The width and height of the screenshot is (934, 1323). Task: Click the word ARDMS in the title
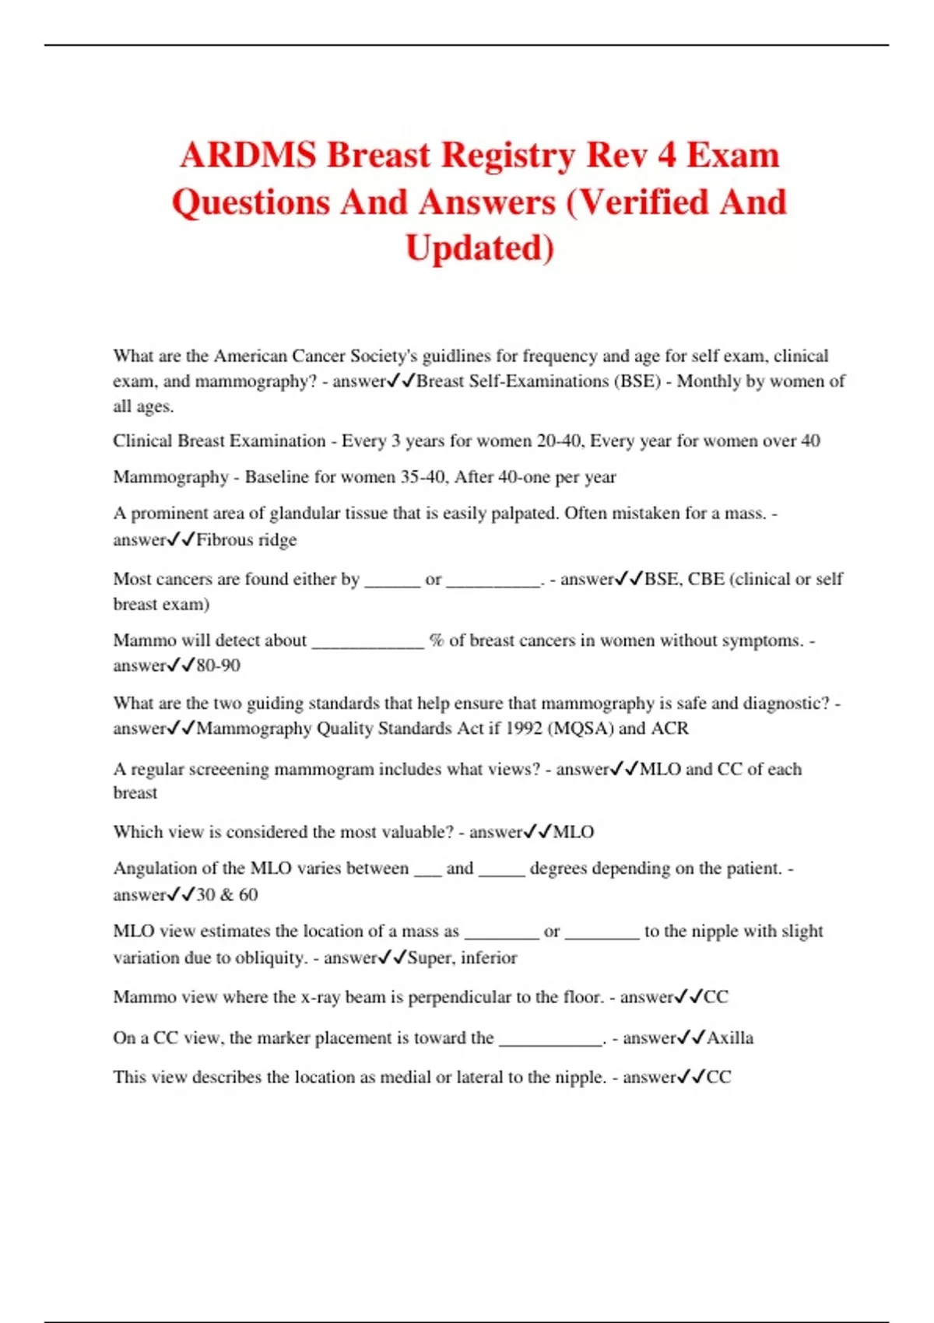(247, 155)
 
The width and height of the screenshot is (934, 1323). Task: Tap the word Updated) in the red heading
(479, 248)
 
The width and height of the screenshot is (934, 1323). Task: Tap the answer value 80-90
(219, 666)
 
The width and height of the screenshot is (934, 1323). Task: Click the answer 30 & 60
(227, 895)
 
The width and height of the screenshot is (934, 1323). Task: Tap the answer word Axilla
(730, 1038)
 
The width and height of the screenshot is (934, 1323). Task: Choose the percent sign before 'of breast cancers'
(437, 640)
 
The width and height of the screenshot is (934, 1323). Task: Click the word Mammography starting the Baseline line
(170, 477)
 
